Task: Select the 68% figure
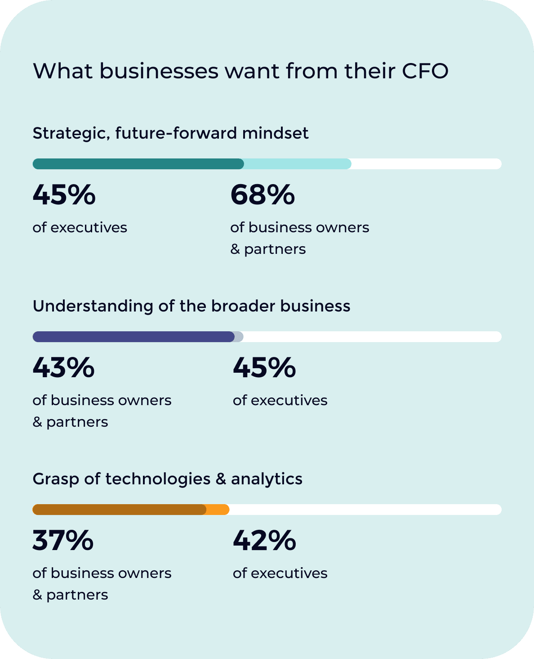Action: click(x=263, y=195)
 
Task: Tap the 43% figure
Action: click(x=63, y=368)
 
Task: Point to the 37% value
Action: click(x=63, y=541)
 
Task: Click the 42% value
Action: click(x=264, y=541)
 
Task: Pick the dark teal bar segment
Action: click(x=138, y=164)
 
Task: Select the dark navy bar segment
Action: click(x=133, y=337)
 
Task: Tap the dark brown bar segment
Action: click(x=119, y=510)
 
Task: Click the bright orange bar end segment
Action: click(x=219, y=510)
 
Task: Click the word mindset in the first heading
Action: click(x=275, y=133)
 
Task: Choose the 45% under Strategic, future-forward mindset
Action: click(x=64, y=195)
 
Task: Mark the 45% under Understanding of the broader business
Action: click(x=264, y=368)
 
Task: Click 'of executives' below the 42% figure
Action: click(x=280, y=573)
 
